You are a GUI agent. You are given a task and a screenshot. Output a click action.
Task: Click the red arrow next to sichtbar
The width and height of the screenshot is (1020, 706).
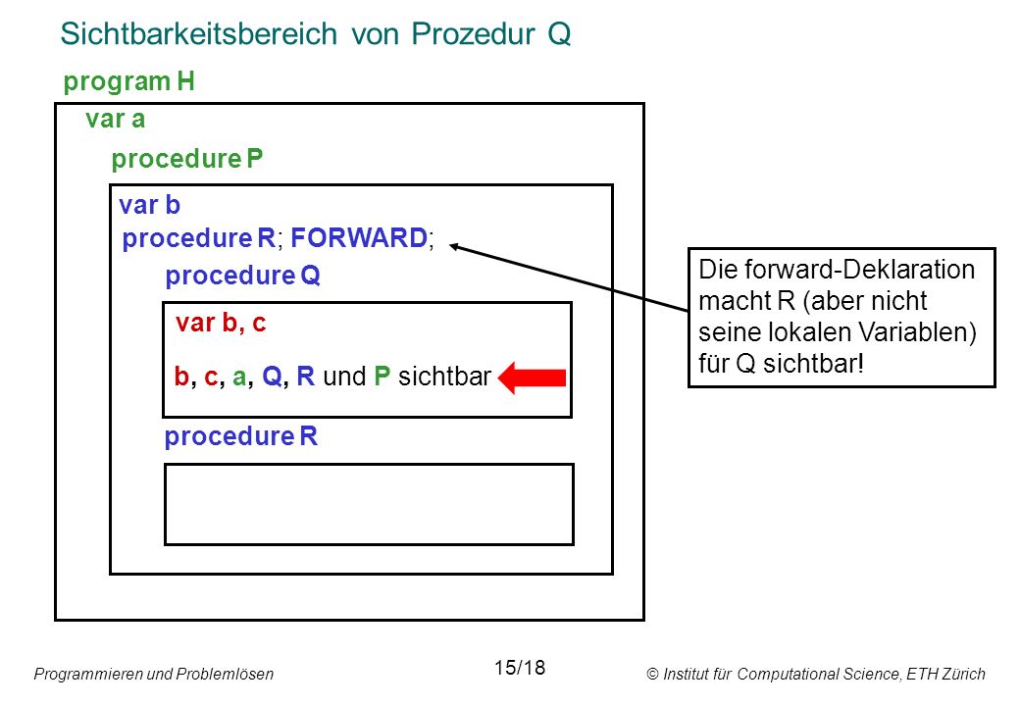coord(533,378)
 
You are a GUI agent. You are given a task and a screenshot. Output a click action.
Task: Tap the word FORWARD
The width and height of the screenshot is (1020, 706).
coord(359,238)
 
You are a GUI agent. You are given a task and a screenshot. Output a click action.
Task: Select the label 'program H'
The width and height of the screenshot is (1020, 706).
coord(128,82)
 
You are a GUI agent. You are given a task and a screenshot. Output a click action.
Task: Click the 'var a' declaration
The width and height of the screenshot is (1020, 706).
coord(115,120)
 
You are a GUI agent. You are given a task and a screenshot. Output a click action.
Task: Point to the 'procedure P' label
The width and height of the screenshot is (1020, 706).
coord(186,159)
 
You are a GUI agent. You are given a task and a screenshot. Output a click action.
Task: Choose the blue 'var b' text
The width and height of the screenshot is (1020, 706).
coord(150,206)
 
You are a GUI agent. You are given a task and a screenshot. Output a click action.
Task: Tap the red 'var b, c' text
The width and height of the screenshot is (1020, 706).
coord(221,324)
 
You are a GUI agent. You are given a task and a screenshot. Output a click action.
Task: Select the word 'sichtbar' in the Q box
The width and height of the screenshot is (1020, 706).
coord(444,377)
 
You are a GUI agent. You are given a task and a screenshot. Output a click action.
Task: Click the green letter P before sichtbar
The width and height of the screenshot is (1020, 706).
coord(382,377)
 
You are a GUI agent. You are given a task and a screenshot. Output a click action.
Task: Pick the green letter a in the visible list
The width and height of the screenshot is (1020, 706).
coord(239,378)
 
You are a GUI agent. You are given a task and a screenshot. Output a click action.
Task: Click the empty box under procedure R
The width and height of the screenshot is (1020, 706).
coord(369,504)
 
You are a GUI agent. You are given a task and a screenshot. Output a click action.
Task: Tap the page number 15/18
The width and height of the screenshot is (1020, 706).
coord(520,668)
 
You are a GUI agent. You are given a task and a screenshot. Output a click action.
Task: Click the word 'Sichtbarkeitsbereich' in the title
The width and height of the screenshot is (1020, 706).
coord(199,33)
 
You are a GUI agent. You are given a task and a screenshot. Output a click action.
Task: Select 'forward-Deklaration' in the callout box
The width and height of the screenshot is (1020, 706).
coord(859,270)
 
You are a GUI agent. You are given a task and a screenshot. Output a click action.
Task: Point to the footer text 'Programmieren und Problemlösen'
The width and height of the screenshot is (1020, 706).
coord(154,675)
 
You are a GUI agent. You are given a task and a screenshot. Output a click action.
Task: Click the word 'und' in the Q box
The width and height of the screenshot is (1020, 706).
coord(345,378)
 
